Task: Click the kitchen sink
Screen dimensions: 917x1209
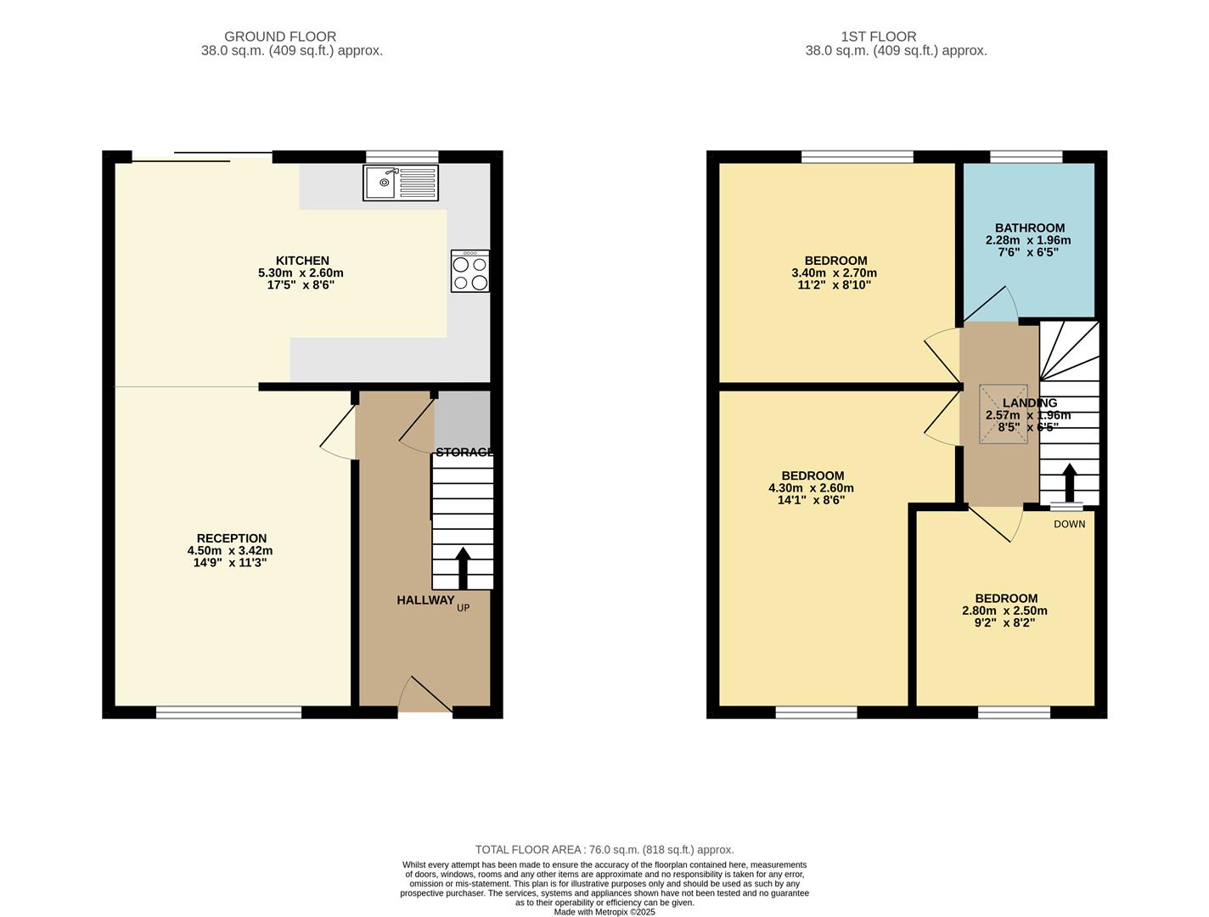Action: tap(400, 183)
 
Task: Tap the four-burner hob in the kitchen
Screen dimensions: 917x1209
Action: tap(470, 272)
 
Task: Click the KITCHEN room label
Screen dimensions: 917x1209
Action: tap(301, 261)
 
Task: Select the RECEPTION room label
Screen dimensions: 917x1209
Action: tap(231, 538)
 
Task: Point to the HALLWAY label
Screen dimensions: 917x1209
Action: tap(425, 600)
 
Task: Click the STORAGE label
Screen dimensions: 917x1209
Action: tap(464, 452)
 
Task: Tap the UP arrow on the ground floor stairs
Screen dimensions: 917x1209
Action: tap(463, 568)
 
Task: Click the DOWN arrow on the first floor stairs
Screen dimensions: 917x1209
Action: tap(1069, 483)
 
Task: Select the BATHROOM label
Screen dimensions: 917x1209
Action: tap(1029, 228)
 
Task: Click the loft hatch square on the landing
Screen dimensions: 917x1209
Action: tap(1003, 414)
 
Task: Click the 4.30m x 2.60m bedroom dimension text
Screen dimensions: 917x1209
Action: tap(811, 488)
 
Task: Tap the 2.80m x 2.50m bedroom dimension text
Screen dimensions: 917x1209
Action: tap(1004, 610)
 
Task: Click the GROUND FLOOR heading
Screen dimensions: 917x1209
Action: tap(280, 37)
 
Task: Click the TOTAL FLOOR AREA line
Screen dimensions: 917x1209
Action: tap(604, 849)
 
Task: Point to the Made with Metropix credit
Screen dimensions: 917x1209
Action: tap(604, 912)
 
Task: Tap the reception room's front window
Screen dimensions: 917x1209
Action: tap(228, 712)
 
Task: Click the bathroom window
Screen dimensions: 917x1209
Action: tap(1026, 156)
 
